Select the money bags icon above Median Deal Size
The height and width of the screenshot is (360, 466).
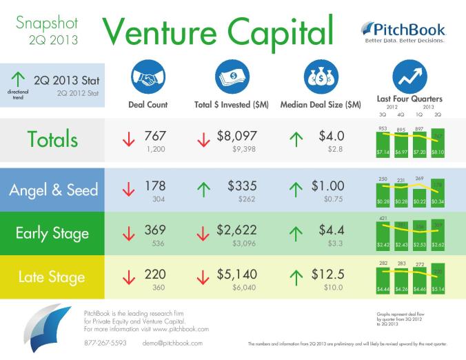(x=319, y=77)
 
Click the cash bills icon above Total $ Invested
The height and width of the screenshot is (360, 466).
(x=231, y=77)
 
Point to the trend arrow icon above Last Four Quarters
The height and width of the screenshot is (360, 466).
(x=409, y=77)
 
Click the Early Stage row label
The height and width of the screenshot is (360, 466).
(x=52, y=233)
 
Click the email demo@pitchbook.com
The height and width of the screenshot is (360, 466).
(x=172, y=343)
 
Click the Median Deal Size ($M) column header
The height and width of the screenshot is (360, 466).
(x=320, y=105)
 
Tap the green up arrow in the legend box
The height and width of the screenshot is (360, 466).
(x=15, y=81)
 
